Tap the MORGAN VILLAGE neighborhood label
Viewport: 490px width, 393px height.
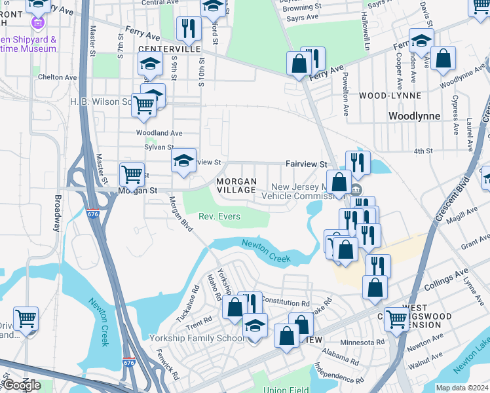tap(236, 185)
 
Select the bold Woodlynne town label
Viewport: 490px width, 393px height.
tap(413, 116)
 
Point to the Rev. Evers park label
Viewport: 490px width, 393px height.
tap(219, 217)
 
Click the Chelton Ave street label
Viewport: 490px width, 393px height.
tap(58, 77)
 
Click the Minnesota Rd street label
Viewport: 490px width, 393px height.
tap(361, 342)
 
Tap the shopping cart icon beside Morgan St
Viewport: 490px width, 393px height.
tap(132, 176)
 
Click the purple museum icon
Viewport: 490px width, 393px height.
tap(37, 24)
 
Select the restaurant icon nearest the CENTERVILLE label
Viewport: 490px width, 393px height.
tap(188, 29)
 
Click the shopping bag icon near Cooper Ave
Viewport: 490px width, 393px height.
tap(443, 58)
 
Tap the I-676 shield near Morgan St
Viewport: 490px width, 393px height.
tap(93, 214)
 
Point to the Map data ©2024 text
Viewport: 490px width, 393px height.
tap(461, 388)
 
